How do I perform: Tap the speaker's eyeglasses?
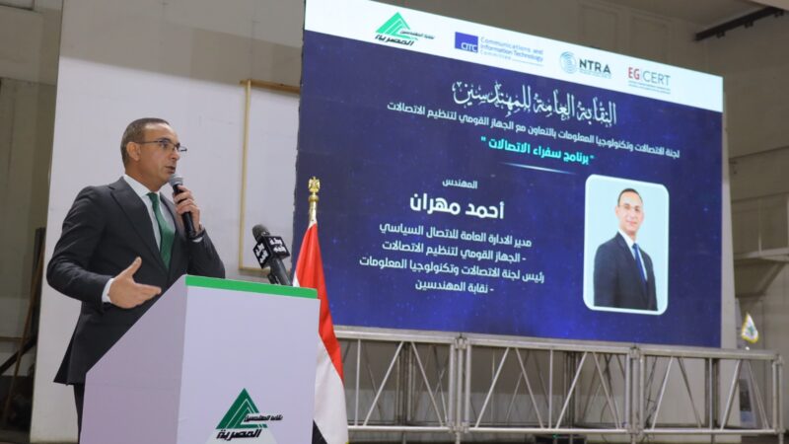(161, 145)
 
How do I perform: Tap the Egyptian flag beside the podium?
(321, 326)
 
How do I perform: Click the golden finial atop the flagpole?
(314, 185)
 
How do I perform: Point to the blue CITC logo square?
(466, 42)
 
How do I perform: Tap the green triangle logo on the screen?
(395, 28)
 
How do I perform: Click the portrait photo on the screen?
(625, 244)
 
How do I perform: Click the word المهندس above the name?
(460, 184)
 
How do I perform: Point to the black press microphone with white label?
(271, 252)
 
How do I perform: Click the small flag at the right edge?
(750, 329)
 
